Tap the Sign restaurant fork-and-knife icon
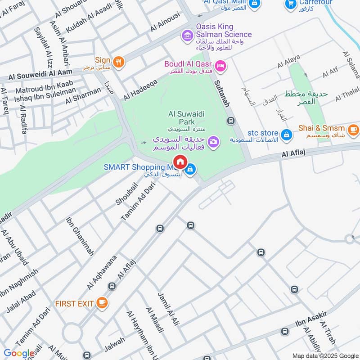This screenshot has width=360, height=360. [118, 62]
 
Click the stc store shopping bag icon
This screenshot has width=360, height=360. [286, 134]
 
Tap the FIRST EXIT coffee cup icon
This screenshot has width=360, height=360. [102, 303]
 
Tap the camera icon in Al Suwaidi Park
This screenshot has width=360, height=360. [214, 141]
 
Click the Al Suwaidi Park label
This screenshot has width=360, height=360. [186, 115]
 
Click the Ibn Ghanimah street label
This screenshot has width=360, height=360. [80, 237]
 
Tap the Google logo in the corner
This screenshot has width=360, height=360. [18, 353]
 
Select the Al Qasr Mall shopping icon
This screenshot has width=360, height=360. [254, 3]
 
